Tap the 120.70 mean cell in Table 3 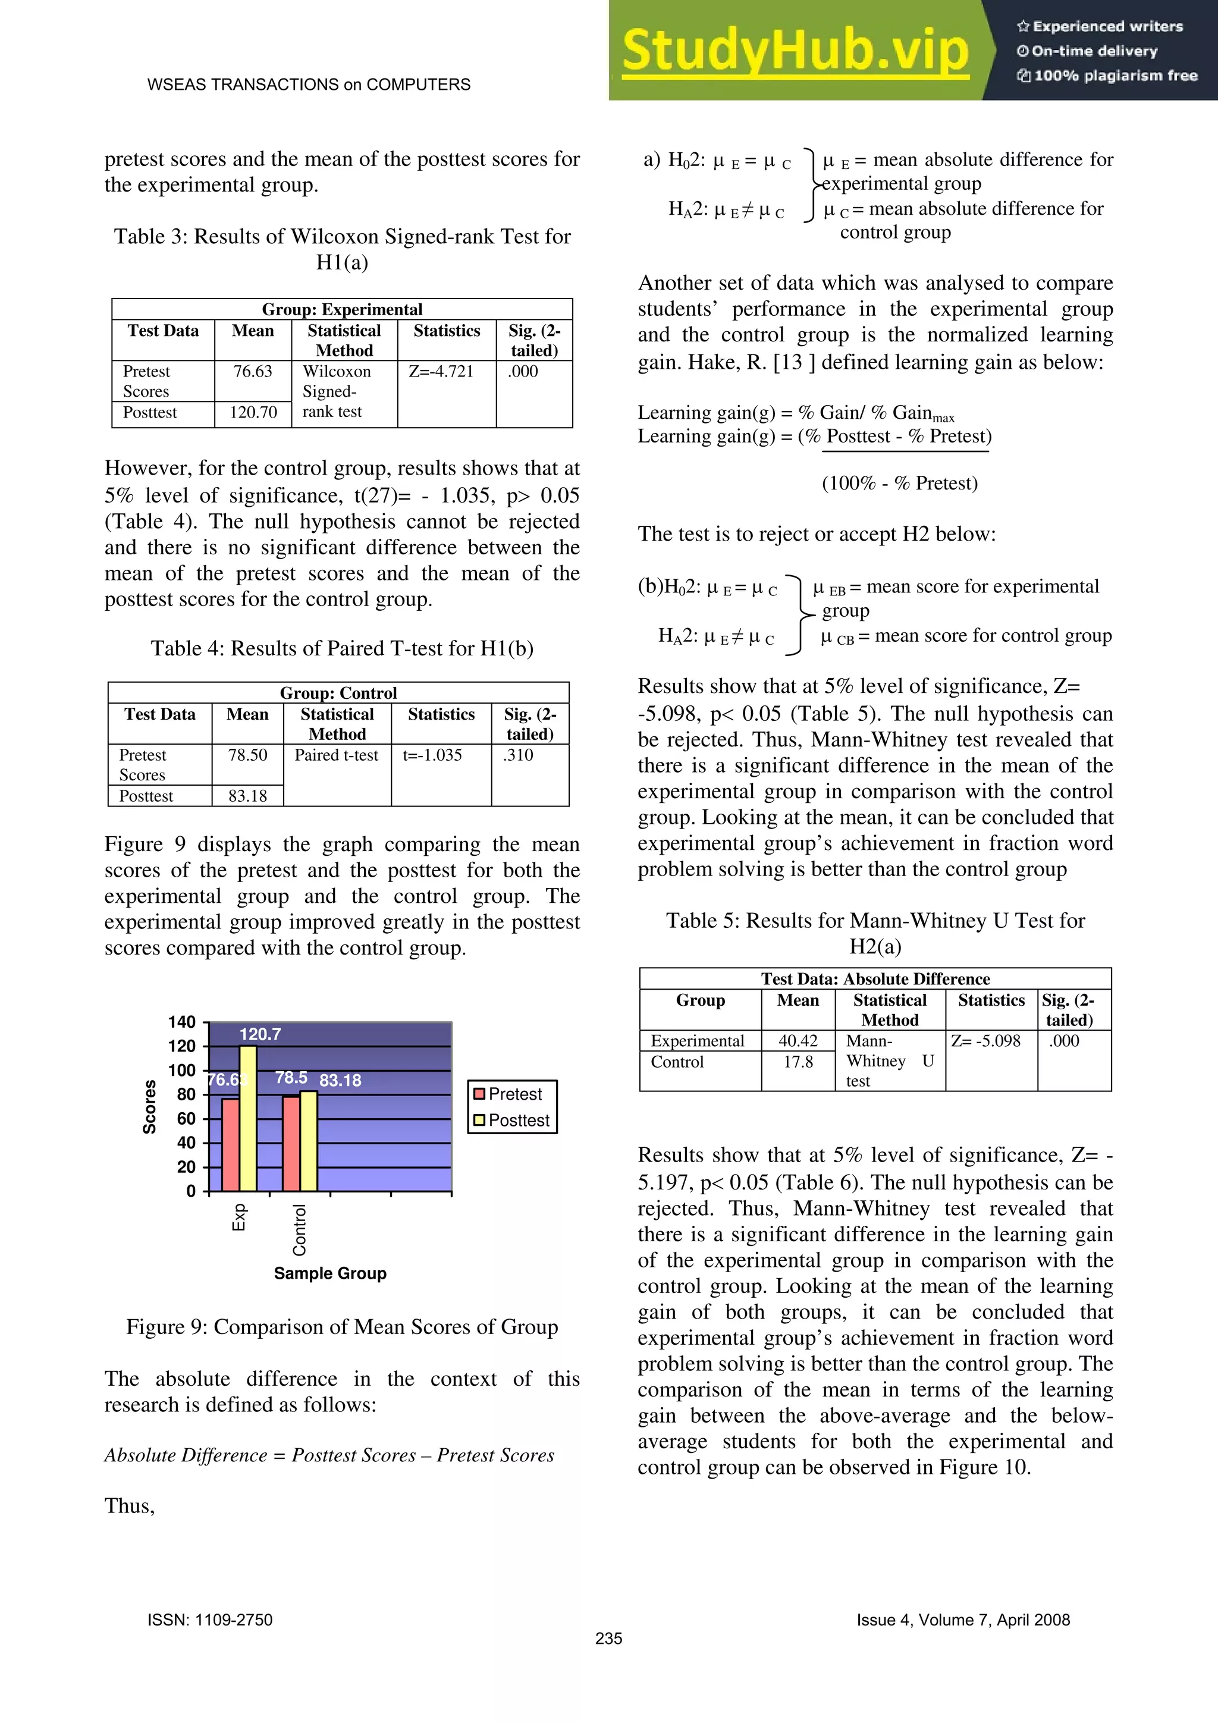pos(253,412)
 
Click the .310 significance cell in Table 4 pos(518,755)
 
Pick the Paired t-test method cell pos(336,755)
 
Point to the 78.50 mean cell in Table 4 pos(247,755)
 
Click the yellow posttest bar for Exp pos(247,1118)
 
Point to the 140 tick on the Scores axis pos(181,1022)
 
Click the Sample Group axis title pos(330,1273)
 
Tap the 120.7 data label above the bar pos(260,1034)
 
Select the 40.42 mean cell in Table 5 pos(798,1041)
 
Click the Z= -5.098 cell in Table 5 pos(985,1041)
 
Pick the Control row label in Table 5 pos(677,1062)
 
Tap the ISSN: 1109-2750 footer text pos(210,1620)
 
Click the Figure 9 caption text pos(342,1327)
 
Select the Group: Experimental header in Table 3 pos(342,309)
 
